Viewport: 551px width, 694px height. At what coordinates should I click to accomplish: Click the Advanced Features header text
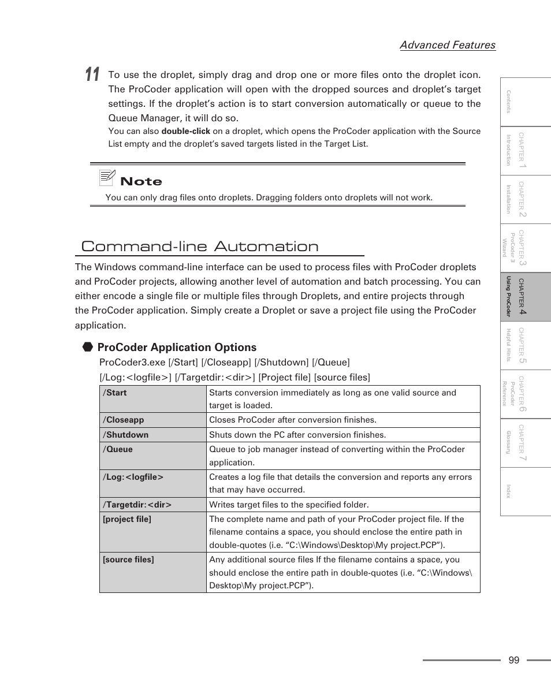(447, 45)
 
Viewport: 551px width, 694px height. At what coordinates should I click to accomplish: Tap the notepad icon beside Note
(107, 178)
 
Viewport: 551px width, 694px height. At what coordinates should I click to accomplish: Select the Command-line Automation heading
(200, 247)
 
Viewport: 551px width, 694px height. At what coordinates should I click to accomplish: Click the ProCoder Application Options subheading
(177, 347)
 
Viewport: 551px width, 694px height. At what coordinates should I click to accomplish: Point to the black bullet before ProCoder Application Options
(87, 347)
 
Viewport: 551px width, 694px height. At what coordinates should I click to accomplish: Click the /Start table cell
(152, 399)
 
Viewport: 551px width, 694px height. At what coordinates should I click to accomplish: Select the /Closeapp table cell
(152, 420)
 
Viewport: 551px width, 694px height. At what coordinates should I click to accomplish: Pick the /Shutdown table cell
(152, 435)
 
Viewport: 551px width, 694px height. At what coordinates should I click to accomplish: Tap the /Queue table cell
(152, 456)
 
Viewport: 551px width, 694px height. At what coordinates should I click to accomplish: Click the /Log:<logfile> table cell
(152, 483)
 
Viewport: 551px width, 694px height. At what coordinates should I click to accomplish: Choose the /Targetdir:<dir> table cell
(152, 505)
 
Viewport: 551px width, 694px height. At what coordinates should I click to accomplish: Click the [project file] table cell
(152, 532)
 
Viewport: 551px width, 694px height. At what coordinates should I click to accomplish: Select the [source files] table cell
(152, 572)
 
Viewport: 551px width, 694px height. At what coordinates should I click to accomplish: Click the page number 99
(514, 661)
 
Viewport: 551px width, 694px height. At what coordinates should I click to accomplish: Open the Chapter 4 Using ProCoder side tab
(525, 297)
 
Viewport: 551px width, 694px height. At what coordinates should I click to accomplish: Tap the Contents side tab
(525, 102)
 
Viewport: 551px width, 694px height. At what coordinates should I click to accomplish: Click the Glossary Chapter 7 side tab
(525, 443)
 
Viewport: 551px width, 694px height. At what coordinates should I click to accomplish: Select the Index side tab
(525, 491)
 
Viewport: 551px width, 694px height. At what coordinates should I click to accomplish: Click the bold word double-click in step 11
(185, 131)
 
